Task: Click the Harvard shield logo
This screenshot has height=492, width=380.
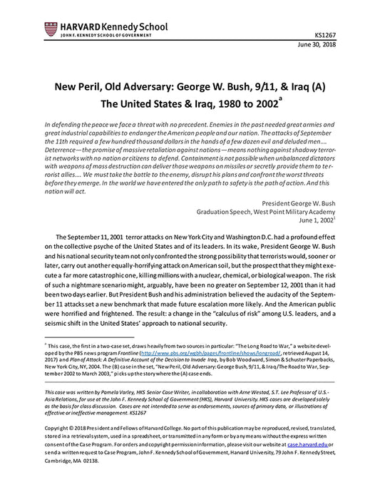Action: pos(51,29)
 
